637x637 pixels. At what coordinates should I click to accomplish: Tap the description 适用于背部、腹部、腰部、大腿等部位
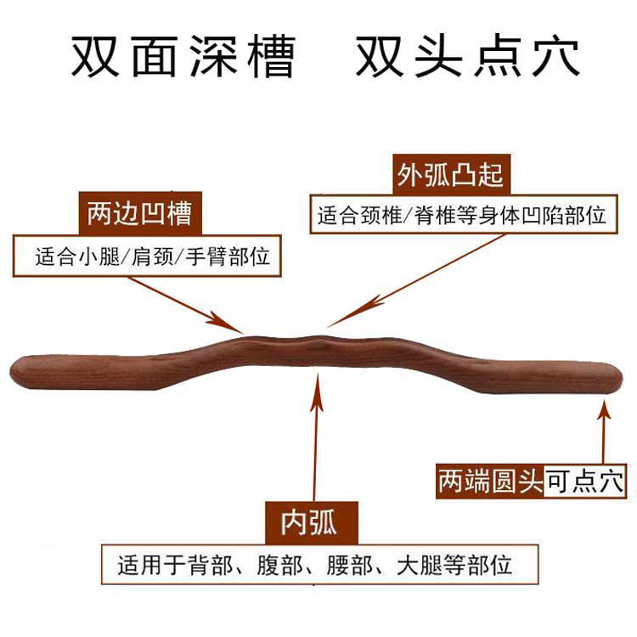pyautogui.click(x=315, y=563)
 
